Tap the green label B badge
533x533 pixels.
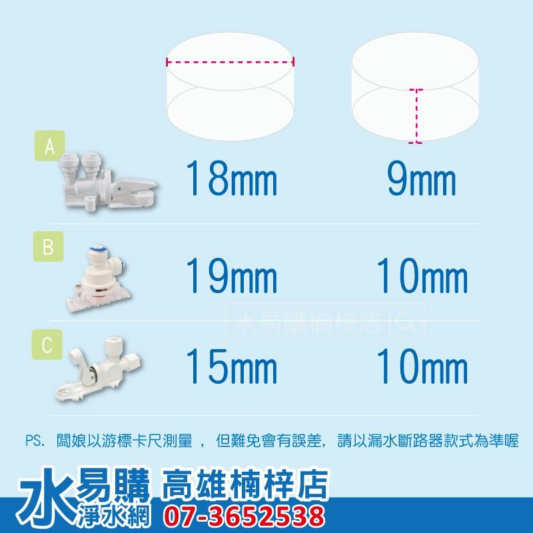[49, 248]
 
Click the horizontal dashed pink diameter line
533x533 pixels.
[230, 63]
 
